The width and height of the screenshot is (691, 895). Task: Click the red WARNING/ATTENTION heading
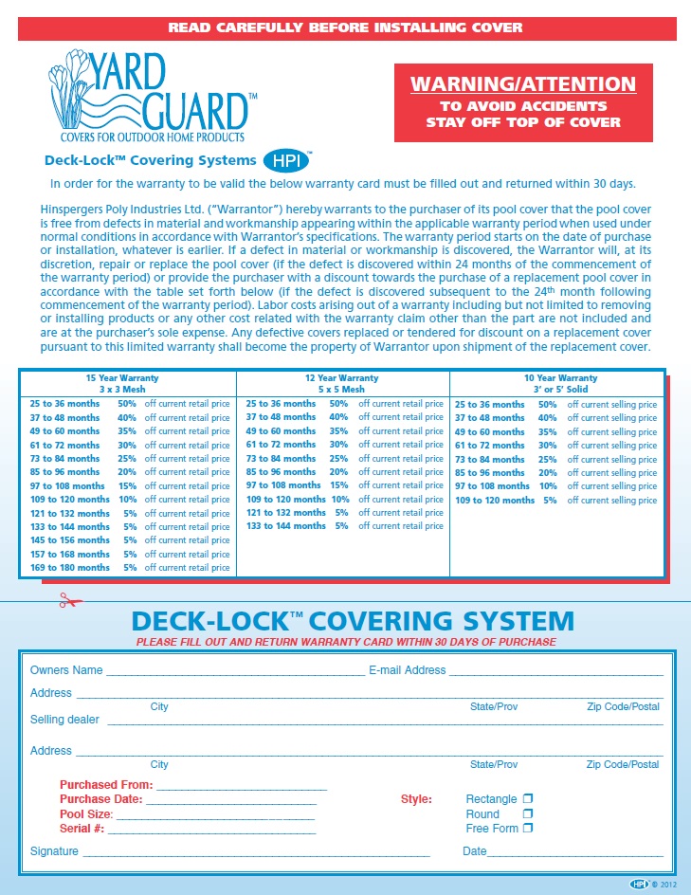(x=523, y=85)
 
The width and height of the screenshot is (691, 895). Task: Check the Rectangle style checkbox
(x=528, y=799)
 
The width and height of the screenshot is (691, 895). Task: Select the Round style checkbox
(x=528, y=813)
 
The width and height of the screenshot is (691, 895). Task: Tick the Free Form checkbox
(x=528, y=828)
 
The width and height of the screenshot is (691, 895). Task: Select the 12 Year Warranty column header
(x=340, y=383)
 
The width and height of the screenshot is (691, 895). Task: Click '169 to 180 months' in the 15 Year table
(x=68, y=568)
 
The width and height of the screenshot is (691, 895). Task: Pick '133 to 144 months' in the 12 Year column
(x=286, y=526)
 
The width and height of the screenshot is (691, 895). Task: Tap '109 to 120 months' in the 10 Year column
(x=495, y=500)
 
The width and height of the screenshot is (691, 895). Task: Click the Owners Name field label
(x=66, y=670)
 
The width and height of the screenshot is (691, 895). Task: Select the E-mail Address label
(x=407, y=670)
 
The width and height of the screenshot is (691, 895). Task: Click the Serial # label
(x=82, y=829)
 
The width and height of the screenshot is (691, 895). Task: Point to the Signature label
(x=54, y=851)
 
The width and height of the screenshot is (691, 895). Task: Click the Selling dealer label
(x=64, y=720)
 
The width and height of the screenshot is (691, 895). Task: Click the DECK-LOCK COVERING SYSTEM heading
(x=353, y=622)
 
